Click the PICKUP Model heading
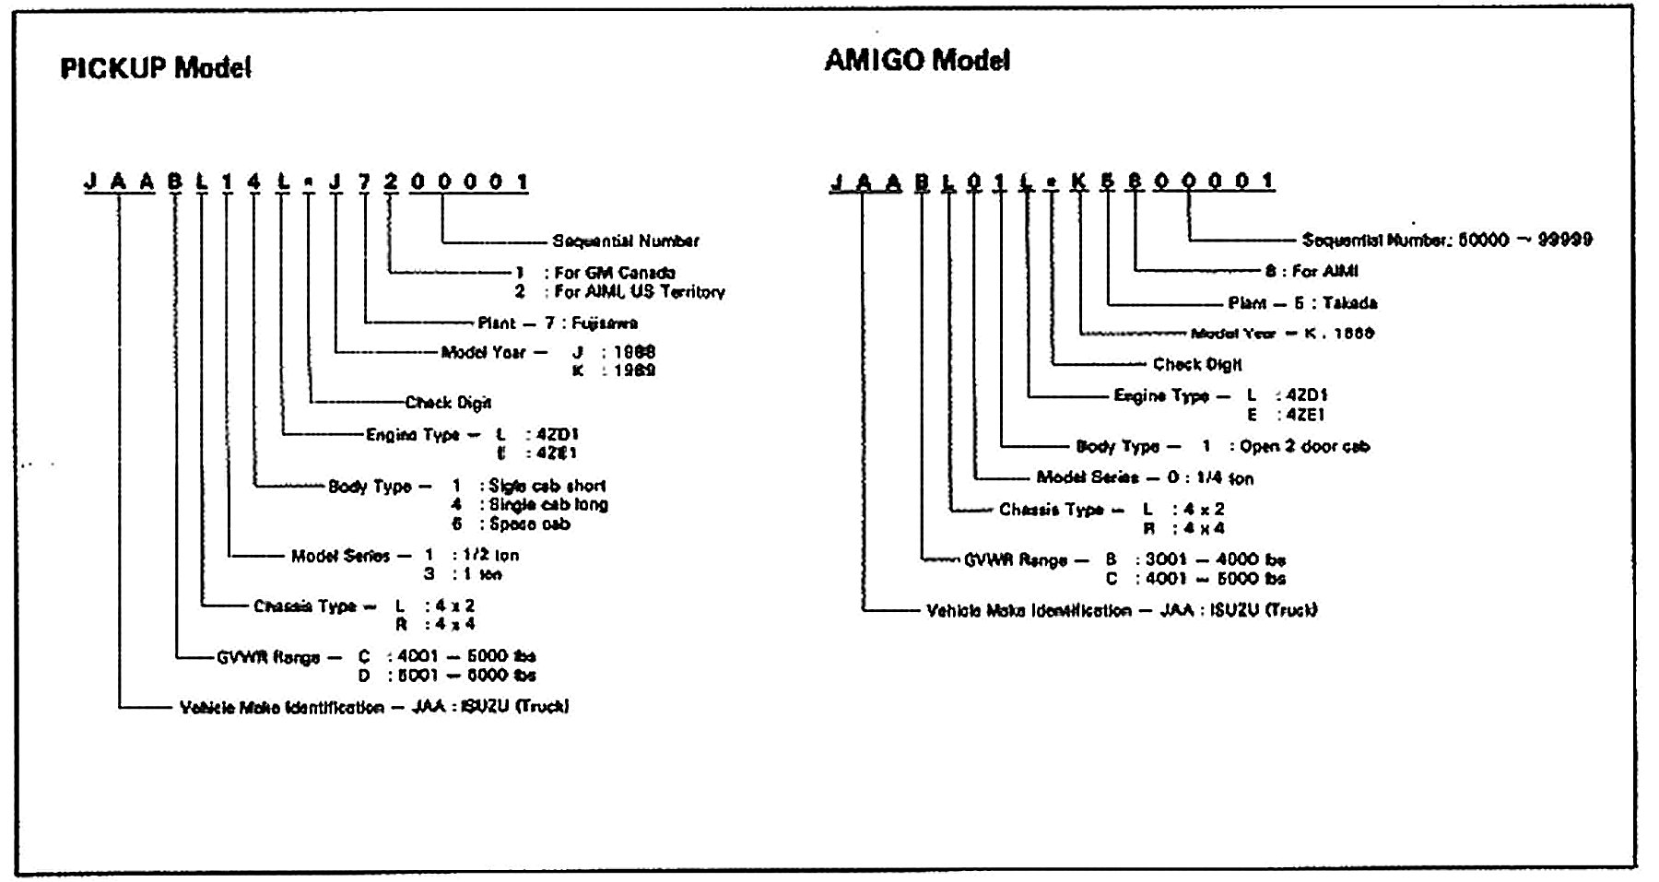pyautogui.click(x=155, y=68)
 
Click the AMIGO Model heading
pyautogui.click(x=916, y=61)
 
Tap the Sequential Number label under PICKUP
pyautogui.click(x=625, y=241)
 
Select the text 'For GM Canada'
pyautogui.click(x=615, y=273)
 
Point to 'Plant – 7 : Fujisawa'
pyautogui.click(x=558, y=323)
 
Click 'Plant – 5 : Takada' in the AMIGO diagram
pyautogui.click(x=1302, y=303)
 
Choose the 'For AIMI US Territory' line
pyautogui.click(x=639, y=292)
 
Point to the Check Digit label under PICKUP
pyautogui.click(x=448, y=403)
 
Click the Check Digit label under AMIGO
pyautogui.click(x=1197, y=365)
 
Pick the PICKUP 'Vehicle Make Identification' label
pyautogui.click(x=281, y=708)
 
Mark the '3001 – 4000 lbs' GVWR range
pyautogui.click(x=1215, y=560)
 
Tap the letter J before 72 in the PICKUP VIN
pyautogui.click(x=335, y=182)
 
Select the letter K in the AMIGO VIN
pyautogui.click(x=1079, y=182)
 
